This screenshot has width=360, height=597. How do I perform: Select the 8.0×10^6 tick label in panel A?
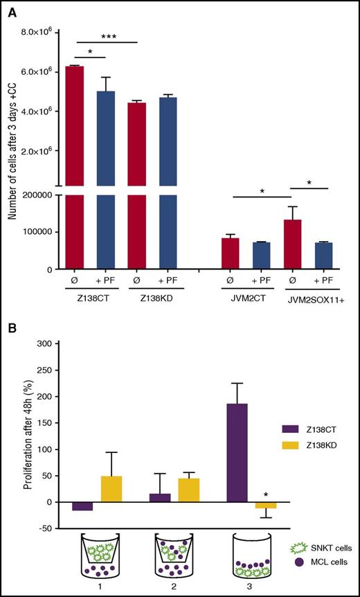(x=39, y=32)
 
